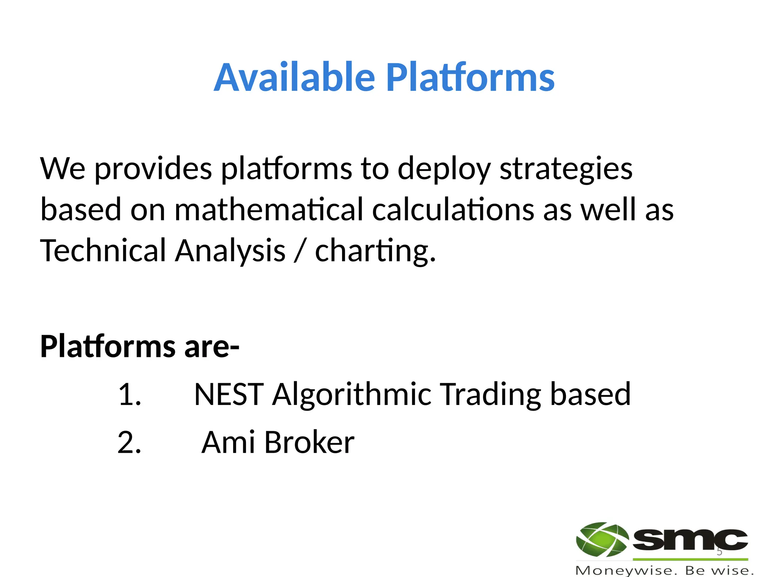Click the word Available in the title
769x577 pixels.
tap(294, 77)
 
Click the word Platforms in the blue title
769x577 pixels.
tap(470, 77)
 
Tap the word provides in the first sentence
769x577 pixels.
tap(153, 169)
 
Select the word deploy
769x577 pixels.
tap(444, 169)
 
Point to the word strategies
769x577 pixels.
tap(566, 169)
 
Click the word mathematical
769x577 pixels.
tap(269, 210)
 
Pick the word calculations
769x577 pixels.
tap(453, 210)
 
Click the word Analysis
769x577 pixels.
tap(230, 251)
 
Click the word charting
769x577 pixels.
tap(375, 251)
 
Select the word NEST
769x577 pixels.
tap(229, 394)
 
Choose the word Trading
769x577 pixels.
tap(490, 394)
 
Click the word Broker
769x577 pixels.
tap(309, 443)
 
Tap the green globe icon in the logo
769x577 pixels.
tap(602, 539)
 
